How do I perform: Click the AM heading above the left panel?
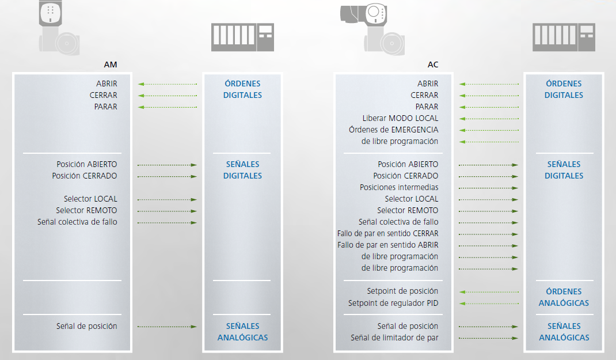(x=111, y=65)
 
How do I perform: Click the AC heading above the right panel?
(x=433, y=65)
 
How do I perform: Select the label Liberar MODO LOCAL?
(x=400, y=118)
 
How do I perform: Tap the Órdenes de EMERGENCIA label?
(x=393, y=130)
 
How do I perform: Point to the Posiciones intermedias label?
(x=399, y=187)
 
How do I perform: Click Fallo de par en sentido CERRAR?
(x=387, y=233)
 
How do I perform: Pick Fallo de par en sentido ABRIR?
(x=387, y=245)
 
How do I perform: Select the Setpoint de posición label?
(x=402, y=291)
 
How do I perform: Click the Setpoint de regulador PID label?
(x=393, y=303)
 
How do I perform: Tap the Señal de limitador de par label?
(x=394, y=338)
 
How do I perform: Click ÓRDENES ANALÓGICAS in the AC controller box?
(x=564, y=297)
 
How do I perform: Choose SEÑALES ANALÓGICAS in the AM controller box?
(x=242, y=332)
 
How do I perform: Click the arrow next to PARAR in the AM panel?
(x=168, y=107)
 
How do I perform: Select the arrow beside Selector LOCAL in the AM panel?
(x=168, y=199)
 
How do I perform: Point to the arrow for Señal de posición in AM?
(x=168, y=327)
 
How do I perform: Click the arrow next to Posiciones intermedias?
(x=489, y=188)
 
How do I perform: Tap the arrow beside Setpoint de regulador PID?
(x=489, y=303)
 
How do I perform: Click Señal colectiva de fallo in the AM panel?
(x=77, y=222)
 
